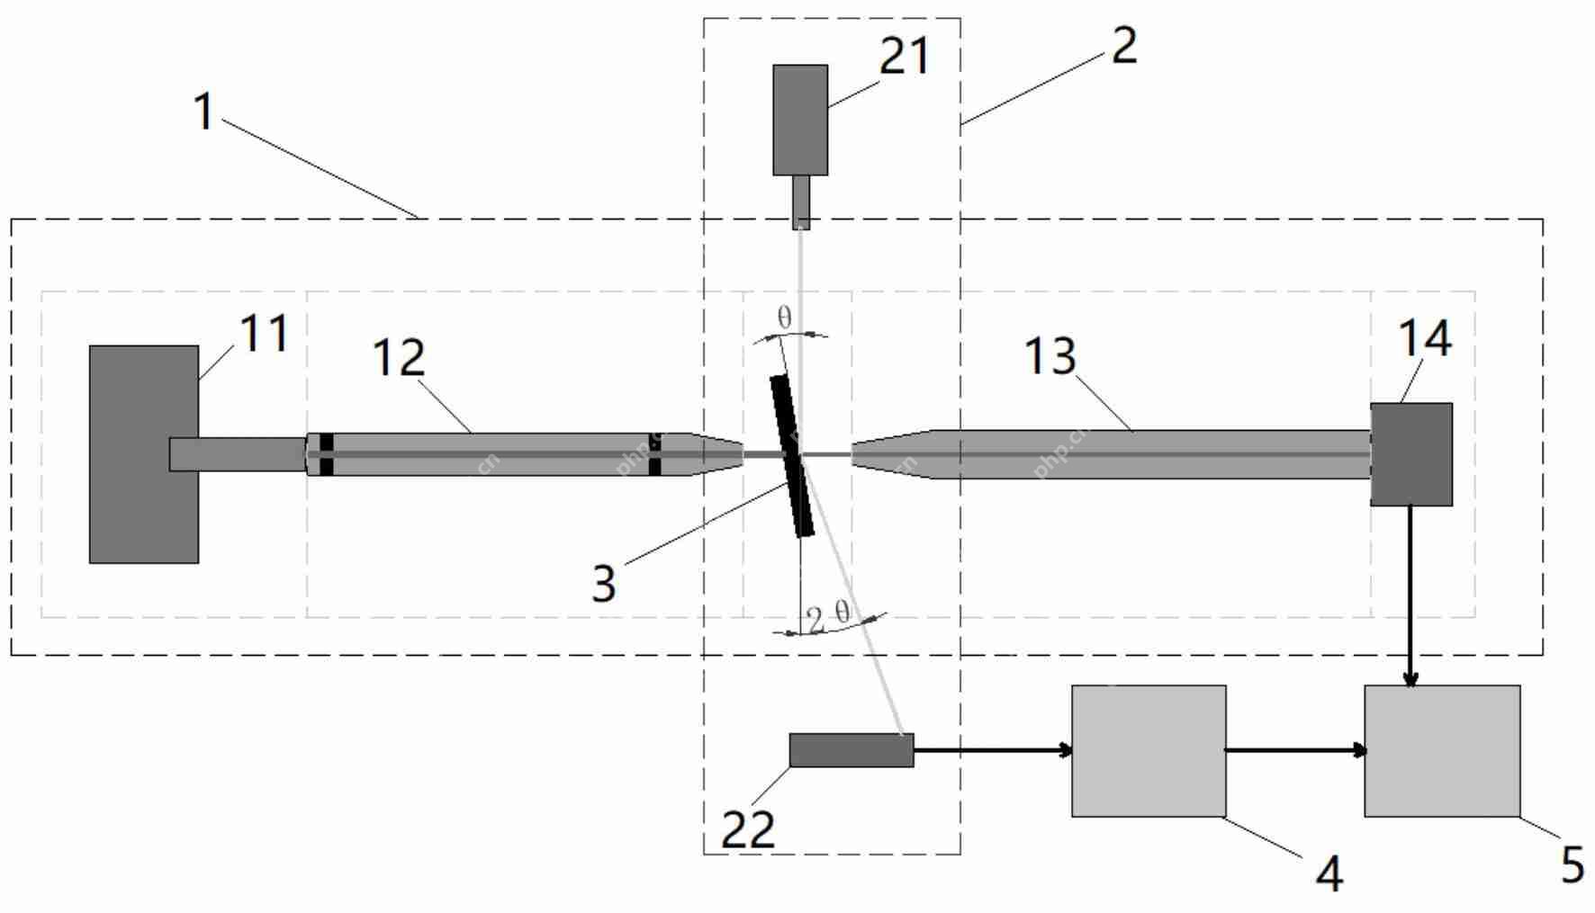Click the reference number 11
tap(264, 334)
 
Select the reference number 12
tap(398, 358)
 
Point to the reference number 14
tap(1425, 339)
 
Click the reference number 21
tap(904, 56)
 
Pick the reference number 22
tap(748, 829)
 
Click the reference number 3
tap(604, 583)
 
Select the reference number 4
tap(1330, 873)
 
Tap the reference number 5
tap(1572, 864)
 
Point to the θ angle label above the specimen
tap(784, 317)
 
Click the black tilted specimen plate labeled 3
tap(792, 456)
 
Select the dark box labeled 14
tap(1410, 454)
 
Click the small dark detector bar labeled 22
tap(851, 750)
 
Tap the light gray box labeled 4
tap(1148, 751)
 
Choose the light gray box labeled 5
tap(1442, 751)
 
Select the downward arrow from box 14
tap(1410, 594)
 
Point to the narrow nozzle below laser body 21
tap(800, 201)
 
